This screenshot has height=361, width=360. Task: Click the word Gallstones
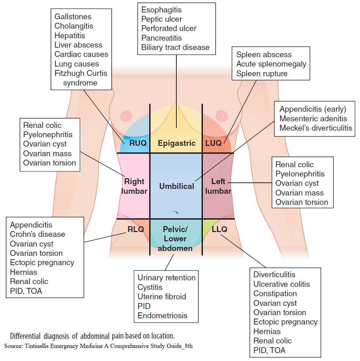click(x=73, y=17)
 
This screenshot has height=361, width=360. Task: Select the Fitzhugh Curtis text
click(x=81, y=73)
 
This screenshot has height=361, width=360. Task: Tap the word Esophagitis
click(x=161, y=10)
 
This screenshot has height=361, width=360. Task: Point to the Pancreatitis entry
click(x=162, y=38)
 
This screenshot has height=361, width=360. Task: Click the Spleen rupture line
click(x=261, y=73)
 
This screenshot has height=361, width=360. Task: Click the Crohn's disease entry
click(x=37, y=234)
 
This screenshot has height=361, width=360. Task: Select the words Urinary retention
click(x=166, y=278)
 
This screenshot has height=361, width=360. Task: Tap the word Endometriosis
click(x=162, y=315)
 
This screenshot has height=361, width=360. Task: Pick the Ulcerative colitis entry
click(x=281, y=284)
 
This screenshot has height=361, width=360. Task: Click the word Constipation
click(x=275, y=293)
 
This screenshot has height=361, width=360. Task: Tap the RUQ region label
click(x=137, y=143)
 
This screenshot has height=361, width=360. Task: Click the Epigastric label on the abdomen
click(x=176, y=143)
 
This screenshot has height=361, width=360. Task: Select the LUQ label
click(x=213, y=143)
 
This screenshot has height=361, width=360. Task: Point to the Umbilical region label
click(x=176, y=186)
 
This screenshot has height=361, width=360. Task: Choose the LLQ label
click(x=219, y=229)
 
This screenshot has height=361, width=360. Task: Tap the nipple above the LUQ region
click(x=219, y=114)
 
